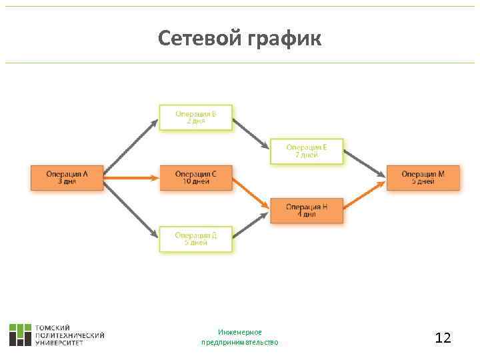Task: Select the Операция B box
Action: pos(196,117)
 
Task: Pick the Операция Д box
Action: pos(196,239)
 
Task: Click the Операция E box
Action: pos(307,151)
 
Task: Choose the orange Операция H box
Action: pos(307,211)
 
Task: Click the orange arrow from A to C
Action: pos(131,178)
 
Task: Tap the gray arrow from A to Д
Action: pos(131,208)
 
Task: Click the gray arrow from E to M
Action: pos(365,164)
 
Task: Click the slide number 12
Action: pos(443,338)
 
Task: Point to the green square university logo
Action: pos(20,335)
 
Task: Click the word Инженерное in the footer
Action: pos(240,332)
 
